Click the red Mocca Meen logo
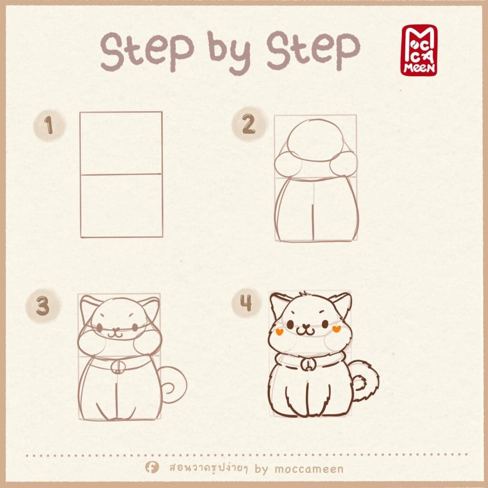(419, 51)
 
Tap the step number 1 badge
(49, 125)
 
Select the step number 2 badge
(249, 124)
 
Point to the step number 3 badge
(43, 305)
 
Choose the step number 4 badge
(246, 303)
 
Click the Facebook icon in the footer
(152, 467)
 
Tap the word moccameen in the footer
(309, 469)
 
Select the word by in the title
(229, 53)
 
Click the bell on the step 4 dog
(307, 365)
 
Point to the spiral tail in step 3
(173, 385)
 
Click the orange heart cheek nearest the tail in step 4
(336, 329)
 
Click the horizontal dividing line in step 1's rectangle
(121, 174)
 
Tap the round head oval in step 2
(315, 141)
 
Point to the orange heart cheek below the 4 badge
(279, 332)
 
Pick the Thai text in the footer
(209, 468)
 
